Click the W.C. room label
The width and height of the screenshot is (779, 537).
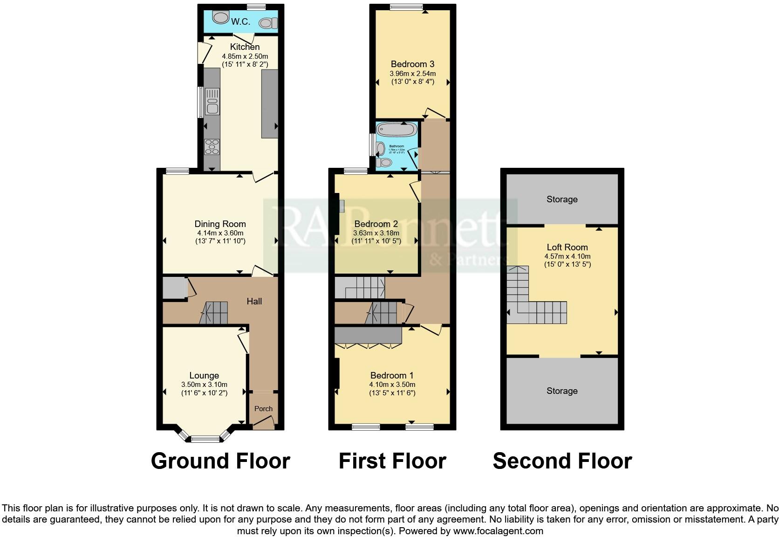pyautogui.click(x=240, y=21)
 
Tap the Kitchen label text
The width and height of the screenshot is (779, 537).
pyautogui.click(x=245, y=47)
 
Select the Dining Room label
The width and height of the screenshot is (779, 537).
pyautogui.click(x=220, y=224)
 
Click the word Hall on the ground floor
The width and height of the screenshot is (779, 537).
pyautogui.click(x=254, y=301)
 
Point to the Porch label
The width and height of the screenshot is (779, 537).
pyautogui.click(x=263, y=408)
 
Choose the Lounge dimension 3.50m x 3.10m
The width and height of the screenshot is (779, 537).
pyautogui.click(x=204, y=385)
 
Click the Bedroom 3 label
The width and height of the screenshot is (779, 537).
pyautogui.click(x=412, y=64)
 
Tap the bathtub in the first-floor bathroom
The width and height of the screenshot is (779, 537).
pyautogui.click(x=397, y=129)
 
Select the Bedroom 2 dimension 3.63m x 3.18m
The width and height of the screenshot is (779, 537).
pyautogui.click(x=376, y=233)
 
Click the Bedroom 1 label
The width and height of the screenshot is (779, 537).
pyautogui.click(x=392, y=375)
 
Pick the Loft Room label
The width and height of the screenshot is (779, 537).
pyautogui.click(x=567, y=247)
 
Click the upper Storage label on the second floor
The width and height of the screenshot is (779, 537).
pyautogui.click(x=562, y=199)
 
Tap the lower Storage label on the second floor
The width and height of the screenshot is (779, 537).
pyautogui.click(x=562, y=391)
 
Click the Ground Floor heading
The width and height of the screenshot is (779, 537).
pyautogui.click(x=220, y=461)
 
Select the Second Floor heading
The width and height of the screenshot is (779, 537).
pyautogui.click(x=562, y=461)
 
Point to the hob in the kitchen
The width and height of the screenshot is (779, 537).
pyautogui.click(x=212, y=146)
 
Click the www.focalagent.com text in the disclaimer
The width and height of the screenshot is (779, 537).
pyautogui.click(x=498, y=530)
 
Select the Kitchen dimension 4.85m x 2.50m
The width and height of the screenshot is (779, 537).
pyautogui.click(x=245, y=56)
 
